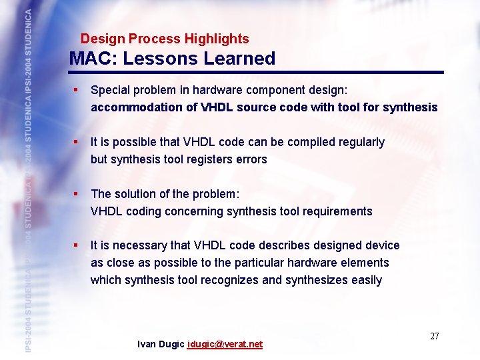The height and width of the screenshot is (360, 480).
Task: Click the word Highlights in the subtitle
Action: pos(215,39)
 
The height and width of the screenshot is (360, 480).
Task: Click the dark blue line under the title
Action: pos(257,72)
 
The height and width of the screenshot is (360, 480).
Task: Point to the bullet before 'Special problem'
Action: pos(77,89)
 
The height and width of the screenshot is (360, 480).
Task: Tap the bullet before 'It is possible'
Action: pos(77,141)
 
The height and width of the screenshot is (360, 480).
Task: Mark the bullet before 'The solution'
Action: pos(77,193)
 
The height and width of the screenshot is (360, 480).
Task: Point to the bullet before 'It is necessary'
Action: pos(77,245)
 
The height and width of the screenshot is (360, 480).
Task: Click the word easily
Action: pos(366,280)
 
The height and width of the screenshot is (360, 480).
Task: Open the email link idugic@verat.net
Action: pos(225,345)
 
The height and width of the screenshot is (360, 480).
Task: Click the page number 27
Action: pos(434,336)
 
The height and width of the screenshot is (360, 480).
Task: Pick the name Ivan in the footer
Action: pos(147,345)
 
